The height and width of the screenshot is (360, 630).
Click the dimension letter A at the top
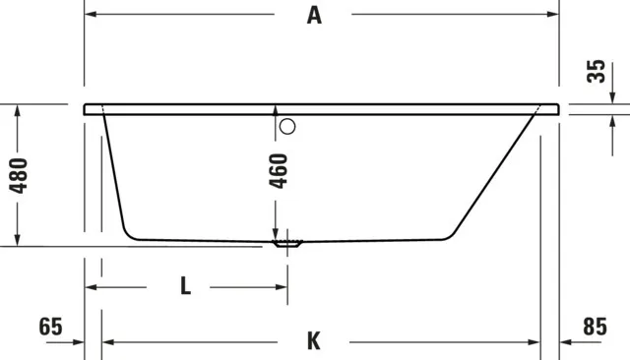[314, 15]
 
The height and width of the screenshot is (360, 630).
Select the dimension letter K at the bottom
[313, 341]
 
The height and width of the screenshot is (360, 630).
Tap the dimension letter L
[186, 287]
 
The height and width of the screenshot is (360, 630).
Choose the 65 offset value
[52, 326]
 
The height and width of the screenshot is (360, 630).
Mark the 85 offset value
[594, 326]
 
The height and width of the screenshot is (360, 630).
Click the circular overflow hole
[287, 126]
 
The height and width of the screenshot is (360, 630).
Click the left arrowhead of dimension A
[91, 15]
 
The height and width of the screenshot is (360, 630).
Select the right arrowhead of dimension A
[553, 15]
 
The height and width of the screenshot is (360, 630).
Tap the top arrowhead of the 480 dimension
[18, 111]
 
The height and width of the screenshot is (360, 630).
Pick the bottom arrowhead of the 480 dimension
[18, 241]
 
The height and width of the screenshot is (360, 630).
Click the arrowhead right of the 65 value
[79, 341]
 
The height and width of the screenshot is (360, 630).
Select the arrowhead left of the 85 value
[567, 341]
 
